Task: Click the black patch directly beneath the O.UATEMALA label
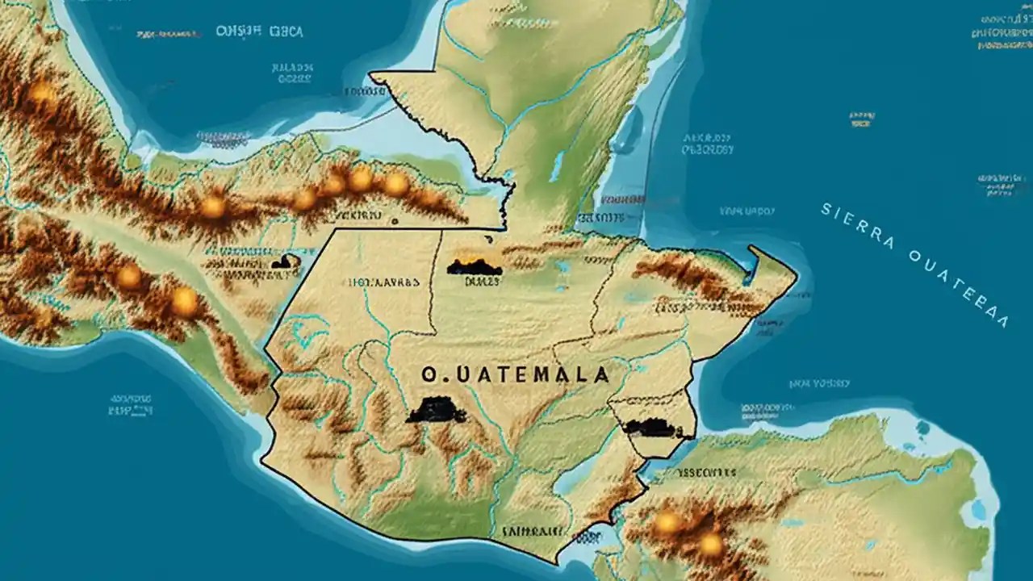[x=436, y=411]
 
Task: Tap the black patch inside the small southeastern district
[x=650, y=428]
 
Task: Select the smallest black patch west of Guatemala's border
[x=284, y=261]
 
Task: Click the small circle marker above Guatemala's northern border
[x=394, y=219]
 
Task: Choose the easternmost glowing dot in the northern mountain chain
[x=395, y=184]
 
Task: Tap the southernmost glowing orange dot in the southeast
[x=711, y=545]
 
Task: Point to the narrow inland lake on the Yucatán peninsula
[x=556, y=167]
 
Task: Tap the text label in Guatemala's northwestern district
[x=383, y=283]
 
